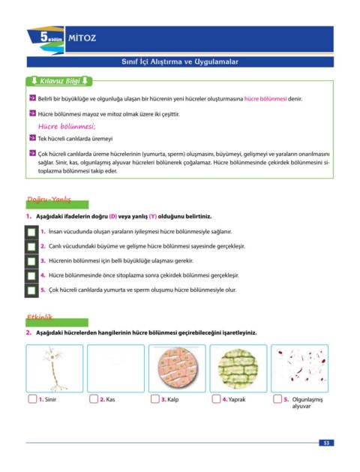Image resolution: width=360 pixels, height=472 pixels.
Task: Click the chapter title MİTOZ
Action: coord(82,38)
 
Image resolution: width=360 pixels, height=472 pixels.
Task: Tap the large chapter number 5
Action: coord(44,37)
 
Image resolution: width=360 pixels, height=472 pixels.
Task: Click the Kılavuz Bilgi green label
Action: coord(59,81)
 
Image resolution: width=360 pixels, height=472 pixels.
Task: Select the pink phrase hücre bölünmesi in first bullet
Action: coord(265,99)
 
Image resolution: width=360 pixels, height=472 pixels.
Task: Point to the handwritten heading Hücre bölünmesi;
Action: coord(67,126)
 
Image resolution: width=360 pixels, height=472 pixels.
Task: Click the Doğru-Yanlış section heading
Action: coord(49,200)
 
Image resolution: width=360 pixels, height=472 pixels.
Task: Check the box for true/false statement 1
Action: coord(31,232)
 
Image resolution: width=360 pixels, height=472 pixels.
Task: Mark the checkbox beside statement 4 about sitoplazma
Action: coord(31,275)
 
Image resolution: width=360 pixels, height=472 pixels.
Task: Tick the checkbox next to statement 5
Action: coord(31,290)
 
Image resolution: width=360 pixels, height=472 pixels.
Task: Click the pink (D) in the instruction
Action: coord(112,216)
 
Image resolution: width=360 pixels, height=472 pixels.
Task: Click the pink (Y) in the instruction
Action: coord(153,216)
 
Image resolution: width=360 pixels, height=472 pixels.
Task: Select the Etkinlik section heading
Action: coord(40,317)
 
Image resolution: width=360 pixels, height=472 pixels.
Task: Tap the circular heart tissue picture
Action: coord(177,368)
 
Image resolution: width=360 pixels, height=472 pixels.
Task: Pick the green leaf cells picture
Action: coord(238,368)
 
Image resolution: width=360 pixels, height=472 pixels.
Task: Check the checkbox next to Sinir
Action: coord(32,399)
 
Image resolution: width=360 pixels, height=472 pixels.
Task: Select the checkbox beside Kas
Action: coord(94,399)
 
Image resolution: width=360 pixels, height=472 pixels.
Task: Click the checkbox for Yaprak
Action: coord(216,399)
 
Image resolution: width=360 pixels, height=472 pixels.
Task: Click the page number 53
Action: coord(326,443)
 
